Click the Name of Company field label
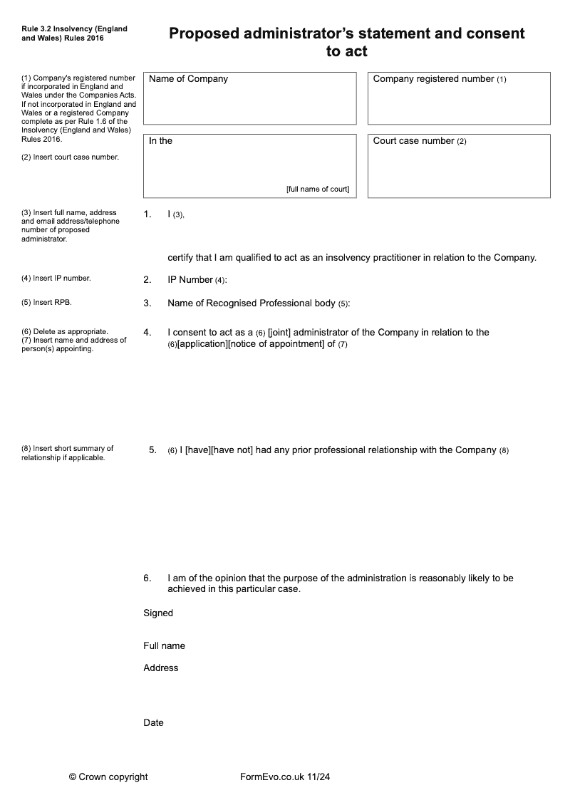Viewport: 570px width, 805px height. point(188,79)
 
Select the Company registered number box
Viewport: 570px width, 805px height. point(459,98)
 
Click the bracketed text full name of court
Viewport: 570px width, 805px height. point(318,189)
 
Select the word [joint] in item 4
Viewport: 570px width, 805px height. point(279,333)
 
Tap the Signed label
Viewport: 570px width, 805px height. point(158,613)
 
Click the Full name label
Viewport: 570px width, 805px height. point(164,646)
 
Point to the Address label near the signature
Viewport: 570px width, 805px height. point(161,668)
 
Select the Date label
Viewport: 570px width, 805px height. point(153,723)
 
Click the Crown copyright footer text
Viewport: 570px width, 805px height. point(108,777)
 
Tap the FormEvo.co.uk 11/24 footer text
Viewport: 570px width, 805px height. point(285,777)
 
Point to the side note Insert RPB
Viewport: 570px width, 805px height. point(47,302)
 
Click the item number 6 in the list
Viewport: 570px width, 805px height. point(147,578)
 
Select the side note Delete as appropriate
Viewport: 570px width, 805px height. point(65,332)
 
